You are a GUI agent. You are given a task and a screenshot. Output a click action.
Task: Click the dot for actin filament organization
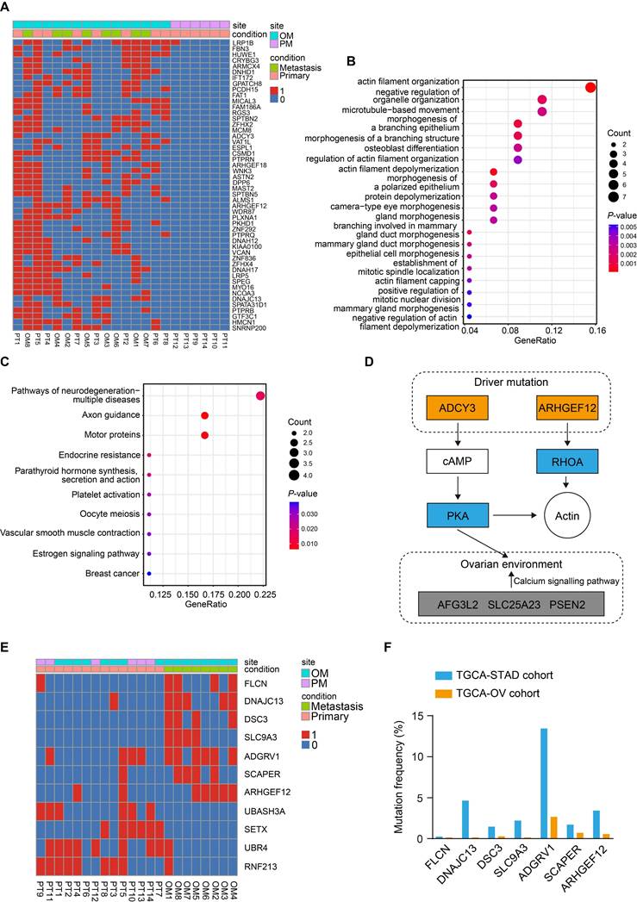click(590, 87)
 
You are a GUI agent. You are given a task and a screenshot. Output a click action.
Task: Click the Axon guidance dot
click(205, 415)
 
